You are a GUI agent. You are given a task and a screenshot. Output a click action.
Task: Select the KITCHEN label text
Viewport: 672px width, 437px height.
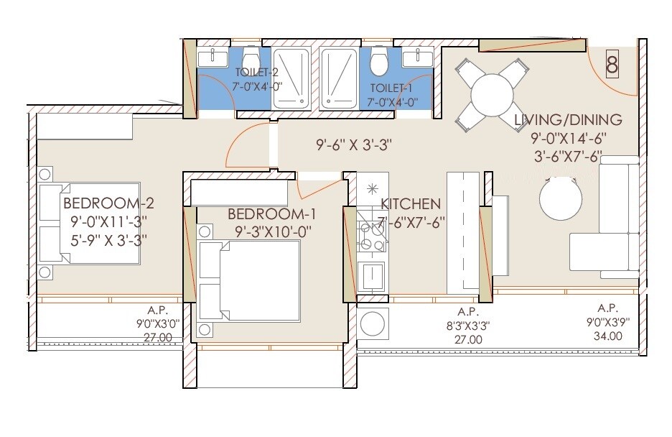point(410,204)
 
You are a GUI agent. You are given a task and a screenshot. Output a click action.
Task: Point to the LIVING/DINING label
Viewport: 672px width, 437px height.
point(566,120)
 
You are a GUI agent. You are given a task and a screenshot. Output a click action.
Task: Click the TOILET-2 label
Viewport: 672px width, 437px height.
point(256,73)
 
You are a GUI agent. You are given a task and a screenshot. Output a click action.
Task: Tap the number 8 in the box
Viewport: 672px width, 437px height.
point(612,65)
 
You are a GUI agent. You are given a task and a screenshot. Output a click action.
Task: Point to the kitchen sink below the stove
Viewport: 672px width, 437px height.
point(371,275)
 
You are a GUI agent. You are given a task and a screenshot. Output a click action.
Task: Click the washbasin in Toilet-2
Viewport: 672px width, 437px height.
point(212,58)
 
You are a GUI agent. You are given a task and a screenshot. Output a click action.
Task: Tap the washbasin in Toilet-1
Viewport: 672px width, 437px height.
point(417,58)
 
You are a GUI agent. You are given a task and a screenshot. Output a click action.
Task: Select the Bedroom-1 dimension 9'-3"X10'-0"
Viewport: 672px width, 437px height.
point(271,232)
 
